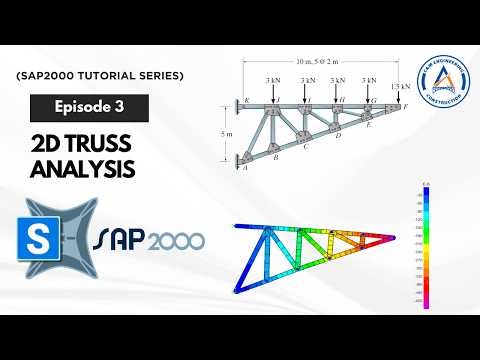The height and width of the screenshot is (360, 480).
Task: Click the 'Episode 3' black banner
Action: click(90, 106)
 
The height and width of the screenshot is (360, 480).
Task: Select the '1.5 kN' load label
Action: click(400, 87)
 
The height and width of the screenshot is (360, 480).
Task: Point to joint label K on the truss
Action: click(245, 100)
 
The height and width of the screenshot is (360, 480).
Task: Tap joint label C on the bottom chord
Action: click(306, 146)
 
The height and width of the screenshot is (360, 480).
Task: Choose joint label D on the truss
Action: click(338, 135)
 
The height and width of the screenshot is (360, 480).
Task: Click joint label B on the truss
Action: click(275, 157)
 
